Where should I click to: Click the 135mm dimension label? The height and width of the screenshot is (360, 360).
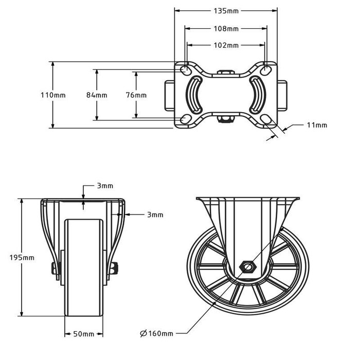226,10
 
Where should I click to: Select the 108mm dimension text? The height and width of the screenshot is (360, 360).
226,28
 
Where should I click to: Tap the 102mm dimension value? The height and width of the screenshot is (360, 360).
226,45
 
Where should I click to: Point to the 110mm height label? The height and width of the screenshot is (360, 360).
53,95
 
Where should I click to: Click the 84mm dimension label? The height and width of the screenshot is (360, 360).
97,95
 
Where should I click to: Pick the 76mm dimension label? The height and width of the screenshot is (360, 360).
136,95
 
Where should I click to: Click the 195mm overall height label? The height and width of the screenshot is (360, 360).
22,258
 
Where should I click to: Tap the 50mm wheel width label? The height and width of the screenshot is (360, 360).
84,334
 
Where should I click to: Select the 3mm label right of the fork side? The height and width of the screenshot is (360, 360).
155,214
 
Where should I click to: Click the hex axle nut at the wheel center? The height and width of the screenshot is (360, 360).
248,267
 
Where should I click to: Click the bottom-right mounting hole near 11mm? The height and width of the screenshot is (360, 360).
266,120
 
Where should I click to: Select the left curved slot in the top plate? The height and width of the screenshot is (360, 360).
195,95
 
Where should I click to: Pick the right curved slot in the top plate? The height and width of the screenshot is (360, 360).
256,95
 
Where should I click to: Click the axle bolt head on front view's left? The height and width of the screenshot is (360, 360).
53,268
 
